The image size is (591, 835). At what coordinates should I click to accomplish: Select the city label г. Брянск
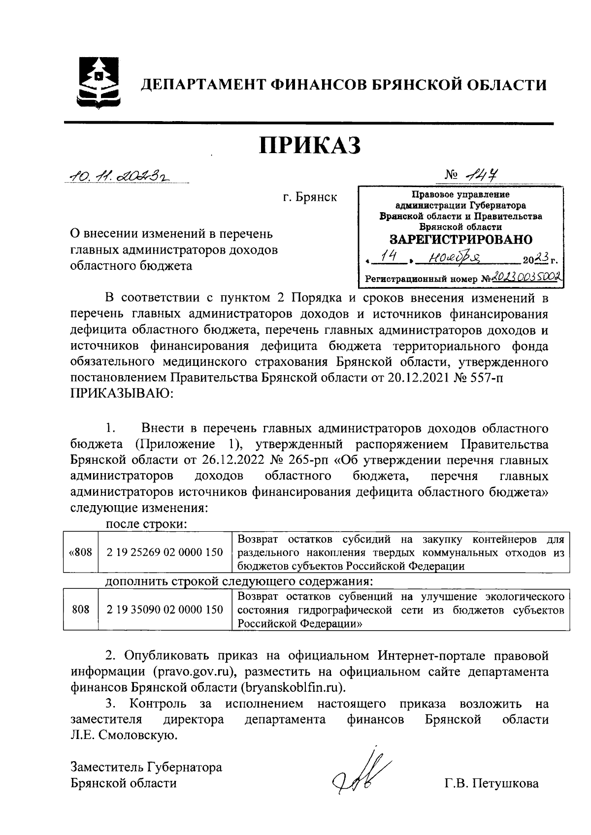[x=310, y=198]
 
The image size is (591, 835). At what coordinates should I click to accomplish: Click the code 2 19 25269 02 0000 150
[x=165, y=552]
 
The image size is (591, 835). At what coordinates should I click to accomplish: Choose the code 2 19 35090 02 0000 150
[x=165, y=610]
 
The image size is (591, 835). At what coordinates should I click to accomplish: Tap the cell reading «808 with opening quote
[x=80, y=552]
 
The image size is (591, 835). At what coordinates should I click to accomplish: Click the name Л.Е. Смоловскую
[x=123, y=736]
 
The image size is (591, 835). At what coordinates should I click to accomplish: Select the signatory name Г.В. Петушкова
[x=491, y=783]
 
